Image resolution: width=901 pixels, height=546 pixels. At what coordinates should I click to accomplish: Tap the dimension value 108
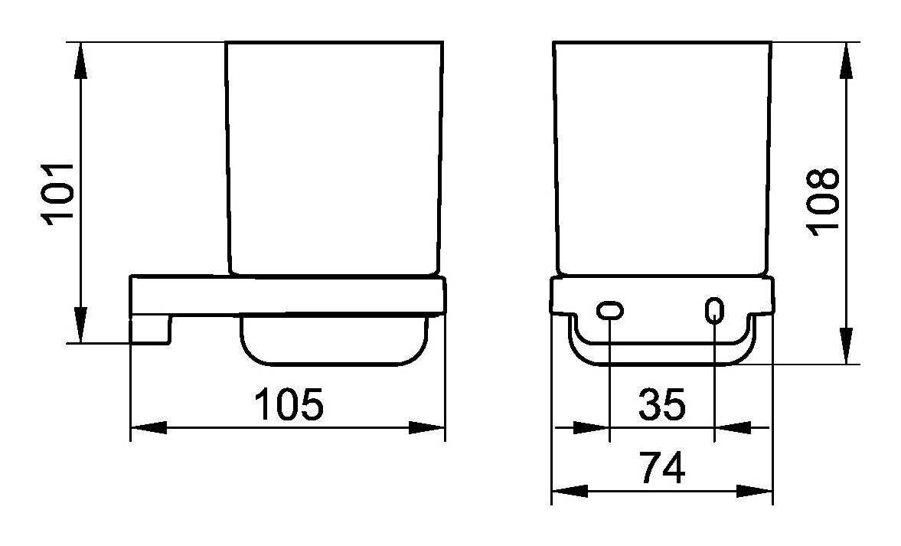[822, 201]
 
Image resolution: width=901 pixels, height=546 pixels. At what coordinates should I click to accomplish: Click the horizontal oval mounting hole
[610, 311]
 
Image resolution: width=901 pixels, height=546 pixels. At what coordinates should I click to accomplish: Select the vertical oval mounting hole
[713, 310]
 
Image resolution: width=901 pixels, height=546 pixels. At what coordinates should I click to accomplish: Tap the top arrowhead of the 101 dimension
[81, 60]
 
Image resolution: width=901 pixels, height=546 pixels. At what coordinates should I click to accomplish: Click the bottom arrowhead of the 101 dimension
[81, 325]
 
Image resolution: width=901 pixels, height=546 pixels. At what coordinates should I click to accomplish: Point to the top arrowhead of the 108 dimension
[846, 60]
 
